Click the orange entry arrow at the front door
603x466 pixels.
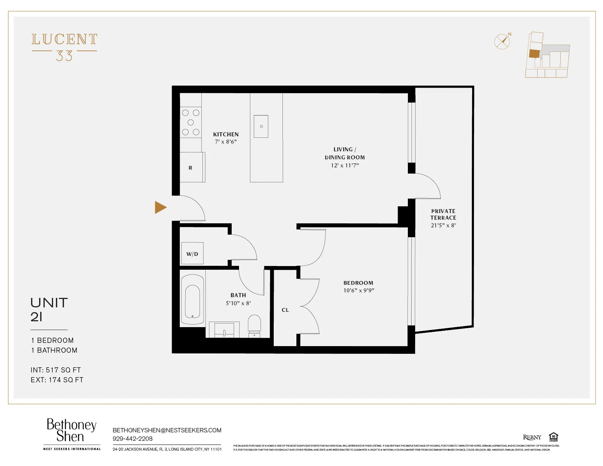point(160,207)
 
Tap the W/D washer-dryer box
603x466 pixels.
point(192,254)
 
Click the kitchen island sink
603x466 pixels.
point(261,126)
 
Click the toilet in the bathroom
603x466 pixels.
point(254,325)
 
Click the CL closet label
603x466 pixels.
point(285,310)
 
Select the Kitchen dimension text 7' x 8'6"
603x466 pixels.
point(226,142)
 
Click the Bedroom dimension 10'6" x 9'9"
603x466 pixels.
point(359,291)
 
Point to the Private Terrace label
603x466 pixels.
point(443,214)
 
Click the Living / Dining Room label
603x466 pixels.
point(345,154)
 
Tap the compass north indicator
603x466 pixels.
point(503,41)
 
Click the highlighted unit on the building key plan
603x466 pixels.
point(534,54)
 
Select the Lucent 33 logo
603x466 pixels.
point(64,47)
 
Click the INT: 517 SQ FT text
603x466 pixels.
point(56,370)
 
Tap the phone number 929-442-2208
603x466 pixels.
point(132,439)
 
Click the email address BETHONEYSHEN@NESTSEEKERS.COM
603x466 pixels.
point(167,430)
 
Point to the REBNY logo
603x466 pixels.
point(532,437)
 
